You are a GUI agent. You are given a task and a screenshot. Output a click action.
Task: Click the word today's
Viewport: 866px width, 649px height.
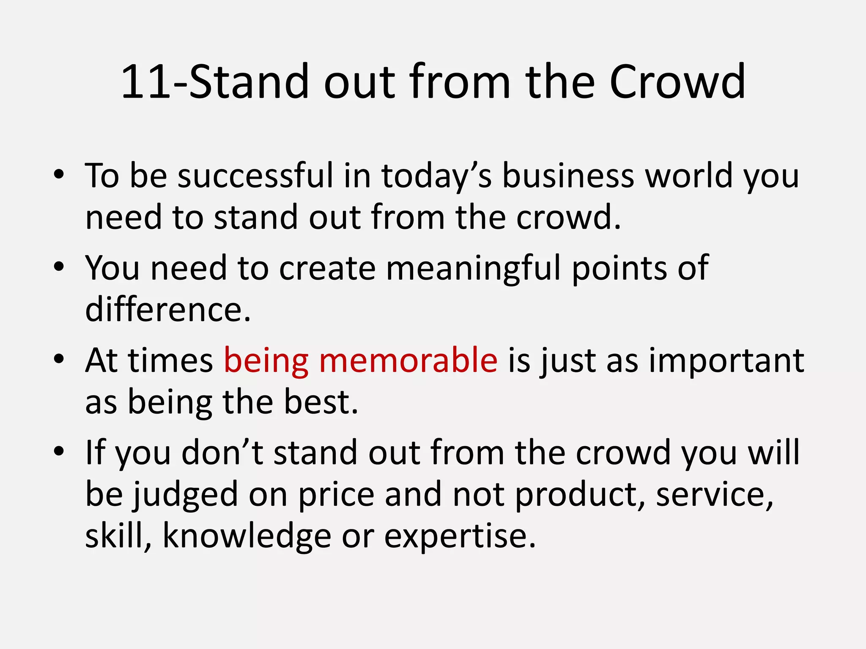[436, 177]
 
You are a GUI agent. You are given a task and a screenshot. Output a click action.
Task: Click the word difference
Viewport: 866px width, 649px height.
[168, 309]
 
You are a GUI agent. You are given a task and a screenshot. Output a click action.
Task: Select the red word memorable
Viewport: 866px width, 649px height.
[408, 360]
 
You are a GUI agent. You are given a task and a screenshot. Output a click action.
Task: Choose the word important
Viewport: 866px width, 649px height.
[726, 361]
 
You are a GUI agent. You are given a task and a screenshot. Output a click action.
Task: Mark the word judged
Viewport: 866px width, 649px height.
[186, 495]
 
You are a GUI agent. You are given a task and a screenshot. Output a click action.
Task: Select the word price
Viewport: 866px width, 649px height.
[337, 495]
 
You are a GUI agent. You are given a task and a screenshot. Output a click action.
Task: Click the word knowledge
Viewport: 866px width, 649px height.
[247, 536]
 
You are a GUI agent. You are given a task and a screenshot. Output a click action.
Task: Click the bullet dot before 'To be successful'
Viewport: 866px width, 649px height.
[59, 174]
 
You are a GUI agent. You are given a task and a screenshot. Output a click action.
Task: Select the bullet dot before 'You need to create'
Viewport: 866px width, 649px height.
[59, 267]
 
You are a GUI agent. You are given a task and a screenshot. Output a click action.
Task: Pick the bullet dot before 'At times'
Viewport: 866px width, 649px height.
[59, 359]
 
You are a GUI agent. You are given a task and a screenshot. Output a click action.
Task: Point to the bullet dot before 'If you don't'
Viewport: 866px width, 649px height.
[59, 451]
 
